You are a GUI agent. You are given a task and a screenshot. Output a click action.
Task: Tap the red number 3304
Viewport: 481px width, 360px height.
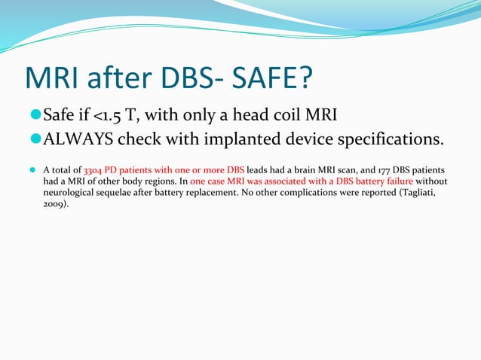(95, 170)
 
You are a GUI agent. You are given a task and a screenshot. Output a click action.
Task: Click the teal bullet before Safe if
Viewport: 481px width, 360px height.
(35, 116)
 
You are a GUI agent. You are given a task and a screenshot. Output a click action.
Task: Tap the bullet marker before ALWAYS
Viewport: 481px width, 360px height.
(35, 140)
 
